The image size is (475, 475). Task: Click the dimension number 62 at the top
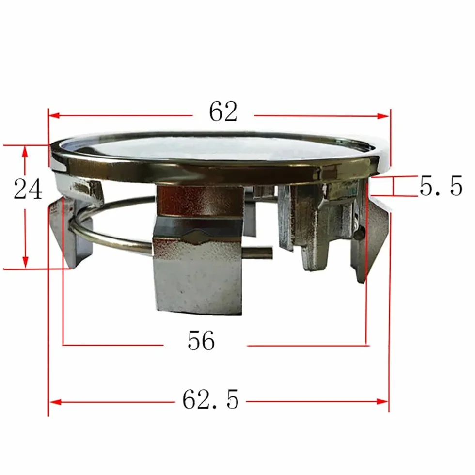(x=223, y=111)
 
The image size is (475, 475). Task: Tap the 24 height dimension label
(x=28, y=189)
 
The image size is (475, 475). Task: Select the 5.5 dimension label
(x=441, y=185)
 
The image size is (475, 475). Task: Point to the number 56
(x=201, y=340)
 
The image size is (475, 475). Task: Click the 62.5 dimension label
(x=210, y=399)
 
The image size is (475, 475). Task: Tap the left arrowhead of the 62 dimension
(x=54, y=115)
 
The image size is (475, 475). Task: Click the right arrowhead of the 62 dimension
(x=383, y=115)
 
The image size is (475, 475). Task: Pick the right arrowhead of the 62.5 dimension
(x=382, y=402)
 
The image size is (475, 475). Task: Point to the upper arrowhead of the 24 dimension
(x=25, y=151)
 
